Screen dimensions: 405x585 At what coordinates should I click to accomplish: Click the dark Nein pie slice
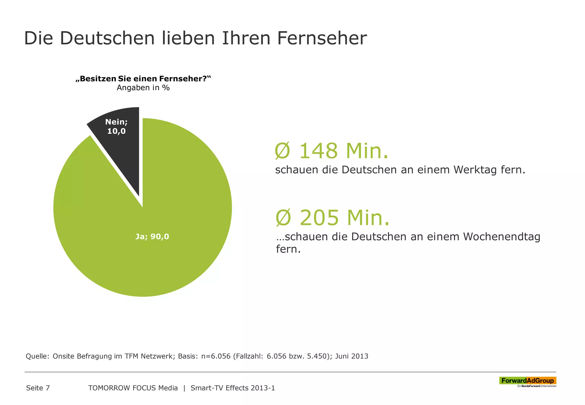click(x=120, y=149)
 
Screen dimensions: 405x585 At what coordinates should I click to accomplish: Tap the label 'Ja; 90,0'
click(x=152, y=236)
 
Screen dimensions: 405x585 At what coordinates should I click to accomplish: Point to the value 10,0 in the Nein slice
click(x=116, y=131)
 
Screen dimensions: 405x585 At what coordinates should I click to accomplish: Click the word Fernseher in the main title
click(x=322, y=38)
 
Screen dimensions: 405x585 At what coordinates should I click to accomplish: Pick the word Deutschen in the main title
click(x=107, y=38)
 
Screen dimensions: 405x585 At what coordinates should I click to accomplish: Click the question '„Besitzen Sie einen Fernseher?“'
click(x=143, y=79)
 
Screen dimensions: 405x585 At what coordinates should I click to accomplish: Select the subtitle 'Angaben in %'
click(x=143, y=88)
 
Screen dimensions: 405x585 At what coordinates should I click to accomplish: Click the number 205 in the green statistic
click(x=319, y=218)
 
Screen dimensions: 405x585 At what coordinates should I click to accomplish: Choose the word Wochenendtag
click(x=502, y=237)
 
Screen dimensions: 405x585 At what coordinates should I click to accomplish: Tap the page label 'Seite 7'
click(x=38, y=388)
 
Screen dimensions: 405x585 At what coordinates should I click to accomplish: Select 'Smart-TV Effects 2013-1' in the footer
click(x=233, y=388)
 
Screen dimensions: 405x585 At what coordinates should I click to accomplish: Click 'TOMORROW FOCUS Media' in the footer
click(x=133, y=388)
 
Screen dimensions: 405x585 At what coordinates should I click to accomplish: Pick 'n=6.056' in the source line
click(x=216, y=356)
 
